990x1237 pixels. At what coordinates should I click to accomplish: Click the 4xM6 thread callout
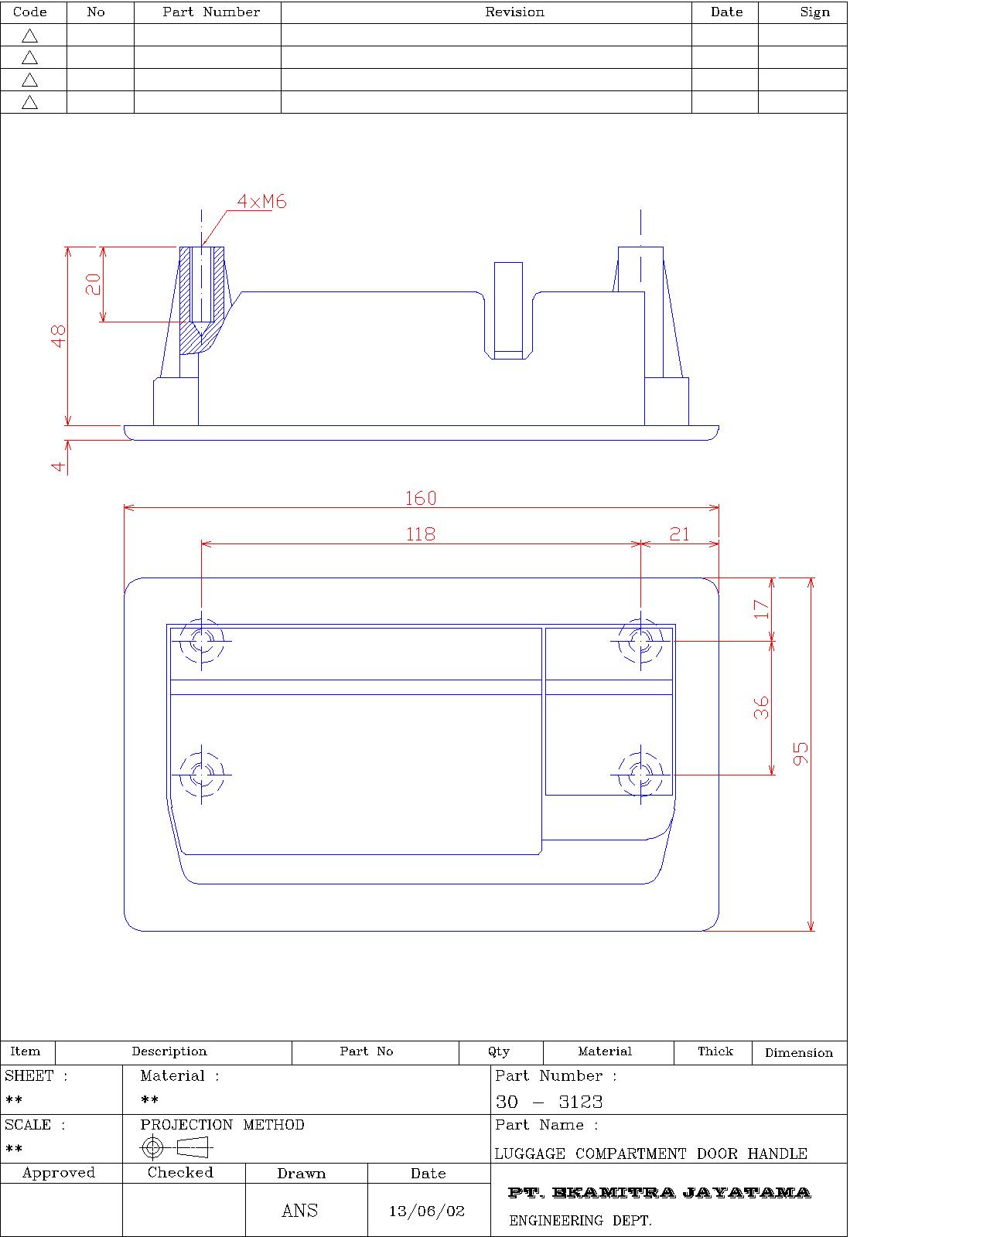pyautogui.click(x=261, y=202)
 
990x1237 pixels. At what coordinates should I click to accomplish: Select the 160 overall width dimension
pyautogui.click(x=421, y=499)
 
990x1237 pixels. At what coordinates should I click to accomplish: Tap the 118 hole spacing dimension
pyautogui.click(x=421, y=534)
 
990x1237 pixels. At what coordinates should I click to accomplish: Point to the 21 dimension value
pyautogui.click(x=679, y=534)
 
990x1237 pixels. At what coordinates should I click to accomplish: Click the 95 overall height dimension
pyautogui.click(x=801, y=753)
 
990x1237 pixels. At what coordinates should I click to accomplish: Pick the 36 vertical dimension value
pyautogui.click(x=762, y=707)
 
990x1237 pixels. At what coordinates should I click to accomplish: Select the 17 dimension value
pyautogui.click(x=762, y=609)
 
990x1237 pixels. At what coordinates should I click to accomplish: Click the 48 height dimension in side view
pyautogui.click(x=59, y=336)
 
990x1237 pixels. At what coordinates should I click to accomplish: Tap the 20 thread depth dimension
pyautogui.click(x=93, y=285)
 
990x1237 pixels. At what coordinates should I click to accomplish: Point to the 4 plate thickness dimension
pyautogui.click(x=59, y=466)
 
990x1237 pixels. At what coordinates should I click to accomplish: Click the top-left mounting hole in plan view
pyautogui.click(x=202, y=641)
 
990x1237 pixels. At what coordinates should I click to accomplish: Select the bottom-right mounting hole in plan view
pyautogui.click(x=640, y=773)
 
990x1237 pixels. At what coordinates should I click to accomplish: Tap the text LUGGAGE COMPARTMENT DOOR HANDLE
pyautogui.click(x=650, y=1154)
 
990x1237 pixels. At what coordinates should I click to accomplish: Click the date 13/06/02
pyautogui.click(x=427, y=1211)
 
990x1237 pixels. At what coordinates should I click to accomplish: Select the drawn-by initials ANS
pyautogui.click(x=300, y=1211)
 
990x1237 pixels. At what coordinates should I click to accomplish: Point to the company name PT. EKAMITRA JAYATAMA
pyautogui.click(x=659, y=1193)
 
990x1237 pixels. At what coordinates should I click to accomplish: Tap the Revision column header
pyautogui.click(x=514, y=12)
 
